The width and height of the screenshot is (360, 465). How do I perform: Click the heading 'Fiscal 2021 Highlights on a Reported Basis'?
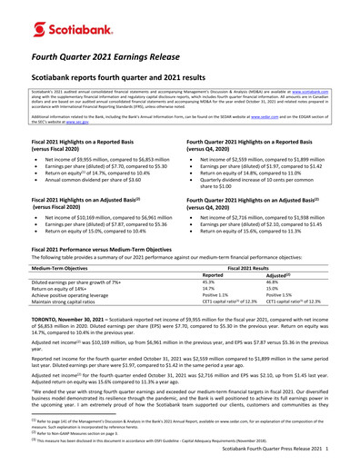pyautogui.click(x=88, y=143)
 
